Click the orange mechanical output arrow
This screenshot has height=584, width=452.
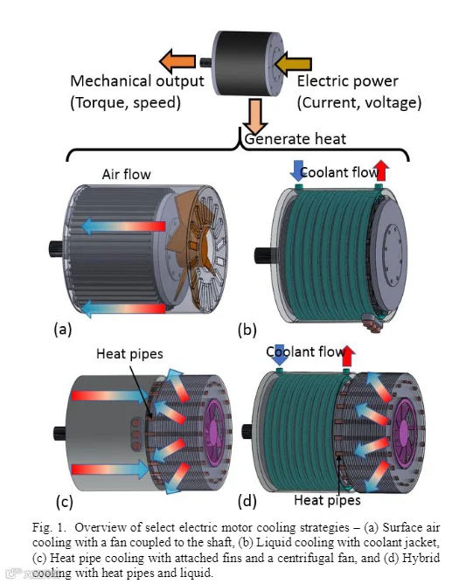point(177,60)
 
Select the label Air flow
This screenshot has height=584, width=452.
point(126,174)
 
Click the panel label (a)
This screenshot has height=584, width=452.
point(63,330)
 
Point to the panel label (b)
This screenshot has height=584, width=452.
point(247,330)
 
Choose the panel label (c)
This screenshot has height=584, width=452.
point(65,502)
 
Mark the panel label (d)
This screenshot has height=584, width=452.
point(247,501)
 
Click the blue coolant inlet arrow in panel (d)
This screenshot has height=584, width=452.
point(280,356)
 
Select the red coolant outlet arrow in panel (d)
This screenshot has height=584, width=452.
point(348,356)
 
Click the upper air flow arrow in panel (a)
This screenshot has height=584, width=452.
point(123,226)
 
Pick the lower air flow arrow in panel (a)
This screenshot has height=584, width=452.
point(123,309)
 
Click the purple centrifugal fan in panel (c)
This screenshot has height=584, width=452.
point(216,433)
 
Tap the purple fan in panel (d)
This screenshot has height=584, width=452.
point(406,430)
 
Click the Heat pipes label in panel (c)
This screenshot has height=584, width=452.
point(129,354)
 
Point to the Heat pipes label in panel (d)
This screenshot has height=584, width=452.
point(327,500)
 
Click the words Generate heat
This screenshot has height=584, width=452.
point(296,139)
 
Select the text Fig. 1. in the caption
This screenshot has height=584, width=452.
point(49,527)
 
